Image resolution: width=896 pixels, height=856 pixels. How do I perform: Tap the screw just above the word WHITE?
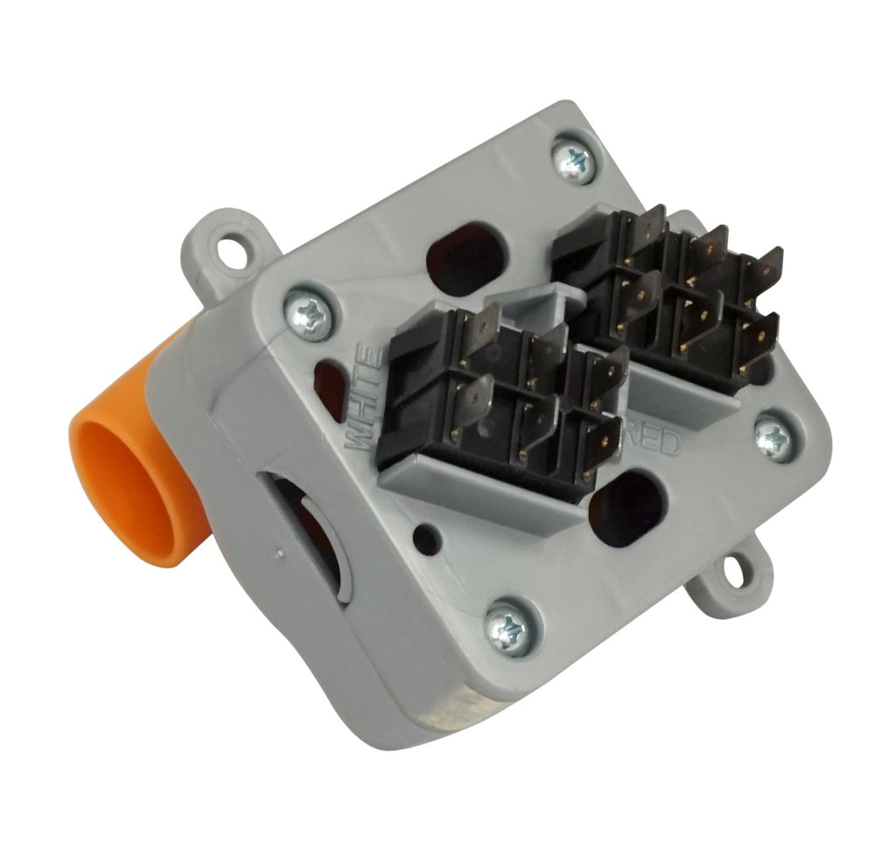(308, 314)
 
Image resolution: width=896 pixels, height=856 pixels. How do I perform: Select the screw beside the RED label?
(774, 437)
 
